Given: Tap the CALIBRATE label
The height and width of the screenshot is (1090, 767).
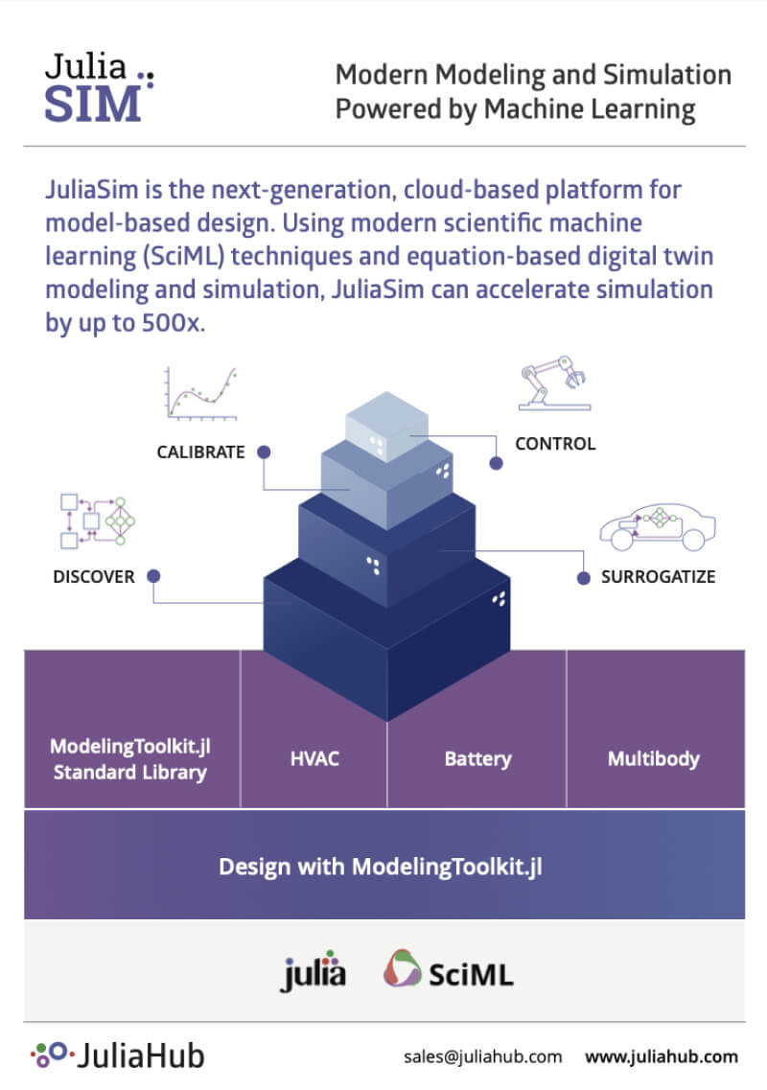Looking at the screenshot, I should point(201,452).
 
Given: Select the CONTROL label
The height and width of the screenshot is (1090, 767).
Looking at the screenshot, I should point(555,444).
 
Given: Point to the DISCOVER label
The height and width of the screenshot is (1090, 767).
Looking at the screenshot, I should point(94,577).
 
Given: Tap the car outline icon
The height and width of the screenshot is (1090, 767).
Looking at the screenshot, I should point(657,525).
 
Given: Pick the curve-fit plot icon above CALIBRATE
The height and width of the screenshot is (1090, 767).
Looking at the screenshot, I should point(200,393).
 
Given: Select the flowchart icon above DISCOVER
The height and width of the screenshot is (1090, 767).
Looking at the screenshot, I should point(94,521).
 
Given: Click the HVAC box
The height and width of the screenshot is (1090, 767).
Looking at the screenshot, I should point(314,759).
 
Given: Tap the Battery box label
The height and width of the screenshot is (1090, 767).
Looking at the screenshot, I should point(477,759).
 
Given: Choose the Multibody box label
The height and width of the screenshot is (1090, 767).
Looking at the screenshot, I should point(654,759).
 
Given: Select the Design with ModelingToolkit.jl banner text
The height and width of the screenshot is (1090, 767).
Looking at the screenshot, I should point(381,868).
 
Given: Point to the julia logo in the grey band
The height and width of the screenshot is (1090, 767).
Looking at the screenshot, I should point(314,974).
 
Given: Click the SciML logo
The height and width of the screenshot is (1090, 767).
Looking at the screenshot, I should point(449,971).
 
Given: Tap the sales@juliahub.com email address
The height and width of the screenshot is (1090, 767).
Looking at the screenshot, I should point(482,1056).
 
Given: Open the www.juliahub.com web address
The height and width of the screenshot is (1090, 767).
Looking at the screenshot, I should point(662,1056).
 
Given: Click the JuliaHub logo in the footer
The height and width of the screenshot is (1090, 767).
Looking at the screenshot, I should point(117,1055).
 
